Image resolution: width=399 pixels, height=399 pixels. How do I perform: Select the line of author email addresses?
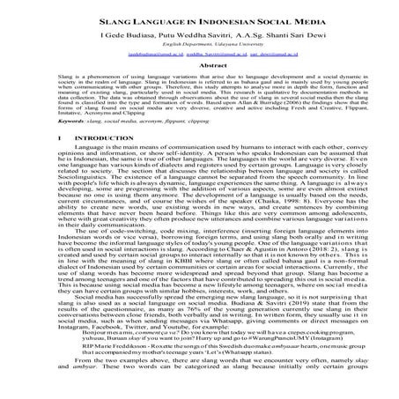click(x=199, y=53)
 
